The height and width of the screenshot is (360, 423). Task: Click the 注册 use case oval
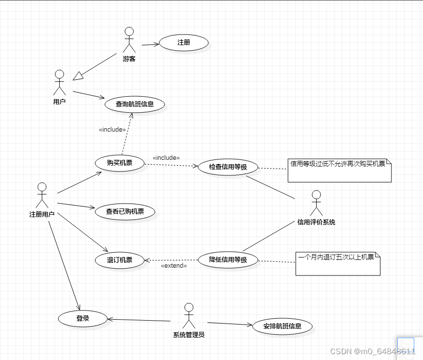[184, 43]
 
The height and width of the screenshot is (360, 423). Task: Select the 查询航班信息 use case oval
[135, 104]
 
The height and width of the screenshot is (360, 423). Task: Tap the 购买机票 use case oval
[119, 163]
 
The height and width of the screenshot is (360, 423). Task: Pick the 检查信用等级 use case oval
[228, 167]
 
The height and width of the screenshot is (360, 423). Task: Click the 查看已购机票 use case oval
[125, 212]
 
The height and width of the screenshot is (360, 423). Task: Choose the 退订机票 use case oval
[119, 260]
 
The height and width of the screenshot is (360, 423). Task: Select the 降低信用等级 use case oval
[228, 260]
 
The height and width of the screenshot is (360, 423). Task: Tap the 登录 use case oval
[83, 319]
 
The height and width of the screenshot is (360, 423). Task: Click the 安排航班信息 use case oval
[282, 326]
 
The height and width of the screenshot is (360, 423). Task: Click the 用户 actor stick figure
[59, 83]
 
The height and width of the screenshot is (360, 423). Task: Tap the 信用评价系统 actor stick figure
[316, 203]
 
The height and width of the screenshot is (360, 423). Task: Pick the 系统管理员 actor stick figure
[188, 316]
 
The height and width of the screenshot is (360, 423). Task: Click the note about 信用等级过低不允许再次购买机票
[339, 171]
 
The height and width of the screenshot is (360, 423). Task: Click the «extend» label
[173, 266]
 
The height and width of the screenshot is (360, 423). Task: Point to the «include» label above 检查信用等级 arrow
[166, 158]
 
